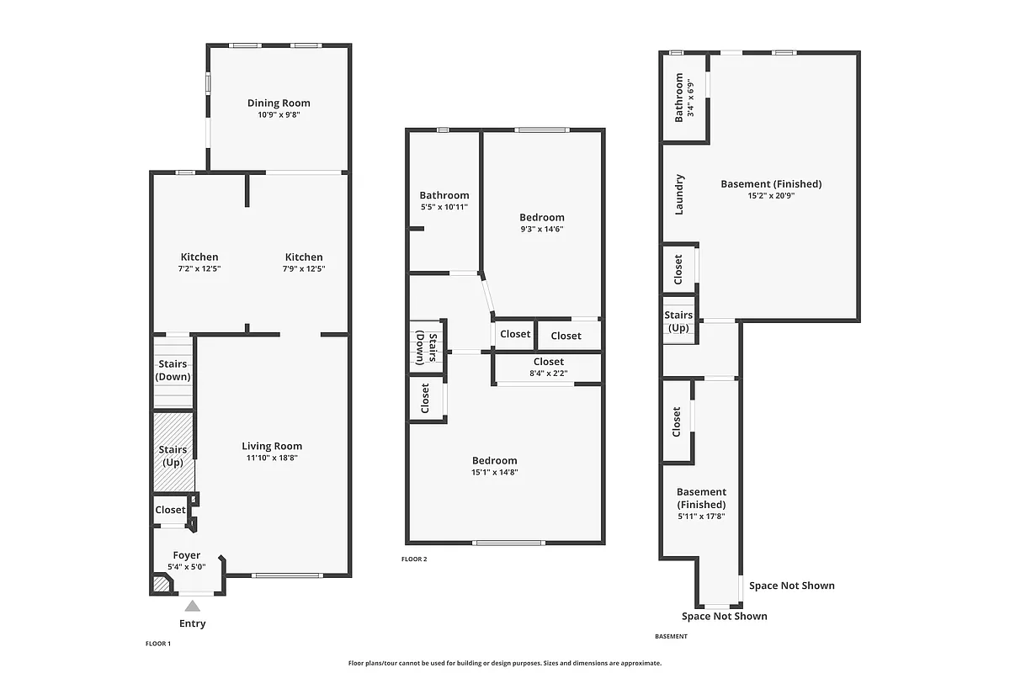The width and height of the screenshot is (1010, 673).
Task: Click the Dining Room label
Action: [x=279, y=103]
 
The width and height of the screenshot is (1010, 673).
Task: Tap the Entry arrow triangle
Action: [x=193, y=606]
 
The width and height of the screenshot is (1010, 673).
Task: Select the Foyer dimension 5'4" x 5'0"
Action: [x=187, y=567]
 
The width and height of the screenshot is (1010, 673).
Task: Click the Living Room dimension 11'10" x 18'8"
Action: [x=272, y=458]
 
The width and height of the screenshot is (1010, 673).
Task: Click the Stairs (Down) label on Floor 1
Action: [x=173, y=370]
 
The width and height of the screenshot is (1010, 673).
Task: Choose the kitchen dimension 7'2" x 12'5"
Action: [x=199, y=268]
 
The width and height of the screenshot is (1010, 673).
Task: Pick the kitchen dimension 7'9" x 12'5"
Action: [x=304, y=268]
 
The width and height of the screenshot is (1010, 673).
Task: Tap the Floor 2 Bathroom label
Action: [x=444, y=195]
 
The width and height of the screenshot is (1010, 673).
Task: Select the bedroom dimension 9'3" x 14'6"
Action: [x=541, y=229]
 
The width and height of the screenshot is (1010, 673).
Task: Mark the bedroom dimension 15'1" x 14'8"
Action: [x=494, y=472]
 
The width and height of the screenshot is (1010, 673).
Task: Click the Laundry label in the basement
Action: [x=680, y=194]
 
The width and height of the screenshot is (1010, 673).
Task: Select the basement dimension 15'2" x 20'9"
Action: [x=771, y=195]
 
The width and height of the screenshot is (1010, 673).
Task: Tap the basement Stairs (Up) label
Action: [x=678, y=321]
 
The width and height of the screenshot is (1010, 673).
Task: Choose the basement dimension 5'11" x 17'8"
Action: [x=701, y=505]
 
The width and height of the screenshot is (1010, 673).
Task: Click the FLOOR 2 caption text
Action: [x=414, y=559]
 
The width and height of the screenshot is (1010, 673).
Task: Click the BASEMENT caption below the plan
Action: [x=671, y=636]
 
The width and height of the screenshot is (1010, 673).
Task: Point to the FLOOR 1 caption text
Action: [x=157, y=644]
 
